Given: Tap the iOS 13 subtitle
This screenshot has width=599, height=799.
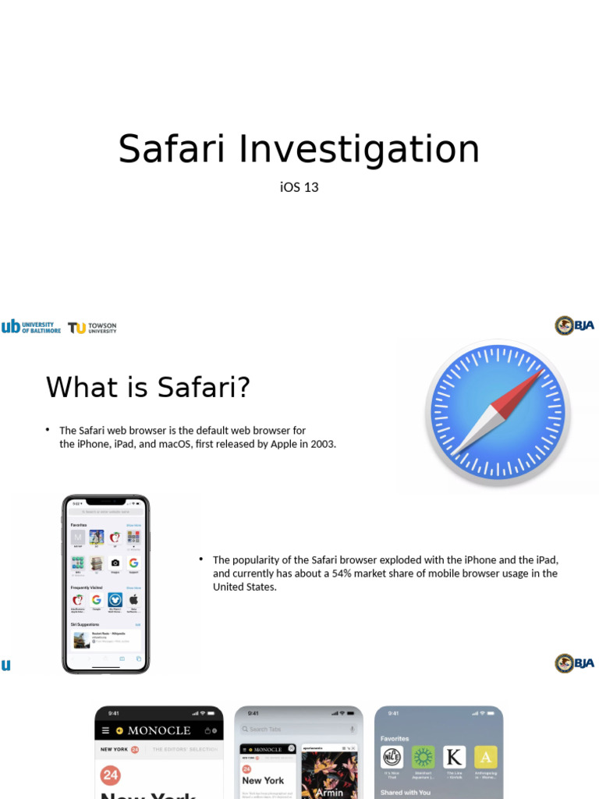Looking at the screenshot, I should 299,187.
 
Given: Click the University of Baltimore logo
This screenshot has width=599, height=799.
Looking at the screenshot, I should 31,327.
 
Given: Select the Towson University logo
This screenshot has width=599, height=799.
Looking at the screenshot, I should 92,328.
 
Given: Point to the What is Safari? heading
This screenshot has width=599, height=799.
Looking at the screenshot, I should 148,387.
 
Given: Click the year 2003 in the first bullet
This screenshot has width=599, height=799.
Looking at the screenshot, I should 322,444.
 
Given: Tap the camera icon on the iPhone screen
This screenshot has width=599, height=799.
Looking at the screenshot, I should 115,563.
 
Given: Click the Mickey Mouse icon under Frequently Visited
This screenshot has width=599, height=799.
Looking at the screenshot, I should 115,600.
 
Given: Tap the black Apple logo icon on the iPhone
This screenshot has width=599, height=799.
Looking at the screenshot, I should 133,600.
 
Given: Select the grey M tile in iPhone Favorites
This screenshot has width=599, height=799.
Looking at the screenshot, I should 77,537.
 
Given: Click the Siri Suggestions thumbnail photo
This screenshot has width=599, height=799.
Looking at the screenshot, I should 80,640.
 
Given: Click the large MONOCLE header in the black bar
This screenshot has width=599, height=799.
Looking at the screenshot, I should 159,730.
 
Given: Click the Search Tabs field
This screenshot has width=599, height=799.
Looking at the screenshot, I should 296,729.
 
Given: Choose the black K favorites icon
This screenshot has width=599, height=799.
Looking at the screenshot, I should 454,757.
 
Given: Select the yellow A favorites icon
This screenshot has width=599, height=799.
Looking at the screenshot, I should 486,757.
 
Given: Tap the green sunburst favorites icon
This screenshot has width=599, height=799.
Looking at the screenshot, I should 423,757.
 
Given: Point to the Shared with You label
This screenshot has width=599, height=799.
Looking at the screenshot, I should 405,792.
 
